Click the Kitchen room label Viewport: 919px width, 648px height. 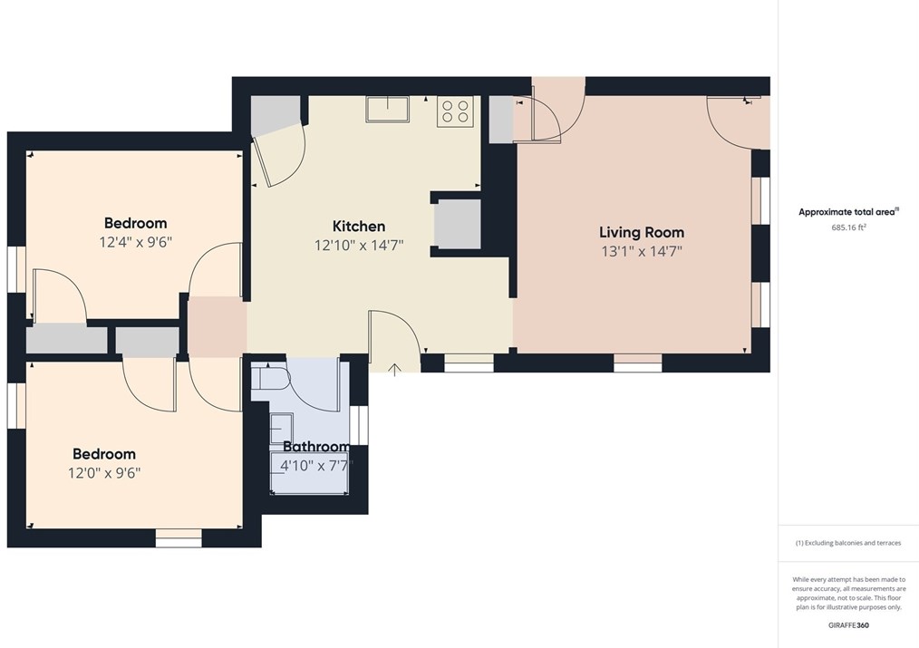tap(359, 227)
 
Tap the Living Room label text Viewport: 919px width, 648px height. tap(642, 233)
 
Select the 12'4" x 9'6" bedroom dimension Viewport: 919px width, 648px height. tap(135, 242)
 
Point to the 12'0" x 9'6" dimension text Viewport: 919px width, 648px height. tap(104, 472)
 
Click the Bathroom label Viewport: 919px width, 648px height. tap(316, 447)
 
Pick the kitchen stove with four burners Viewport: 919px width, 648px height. tap(455, 111)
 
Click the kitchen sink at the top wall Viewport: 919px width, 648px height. tap(387, 109)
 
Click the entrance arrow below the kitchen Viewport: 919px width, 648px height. tap(395, 368)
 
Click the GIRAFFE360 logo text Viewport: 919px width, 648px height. tap(848, 625)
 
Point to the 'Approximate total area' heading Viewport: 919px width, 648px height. tap(846, 212)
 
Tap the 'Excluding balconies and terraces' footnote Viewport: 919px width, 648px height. tap(848, 543)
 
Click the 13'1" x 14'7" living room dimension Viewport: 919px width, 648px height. tap(642, 251)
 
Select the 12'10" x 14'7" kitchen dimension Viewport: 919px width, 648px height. tap(359, 245)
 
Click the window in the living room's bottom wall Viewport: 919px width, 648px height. tap(638, 363)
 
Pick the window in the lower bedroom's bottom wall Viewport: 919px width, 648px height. tap(179, 538)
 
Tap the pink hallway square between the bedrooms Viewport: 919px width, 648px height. tap(218, 326)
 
